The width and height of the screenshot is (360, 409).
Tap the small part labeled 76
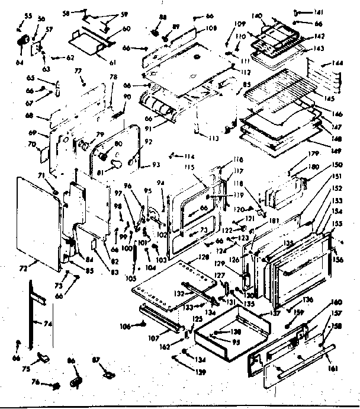[x=56, y=386]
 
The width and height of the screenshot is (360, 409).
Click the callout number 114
[x=188, y=156]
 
